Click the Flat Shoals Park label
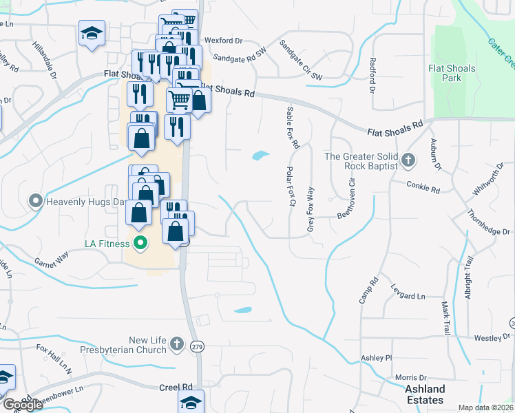pyautogui.click(x=452, y=74)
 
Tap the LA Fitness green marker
pyautogui.click(x=140, y=243)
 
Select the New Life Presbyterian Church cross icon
pyautogui.click(x=177, y=343)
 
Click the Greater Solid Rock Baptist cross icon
pyautogui.click(x=408, y=161)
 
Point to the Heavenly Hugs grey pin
pyautogui.click(x=36, y=202)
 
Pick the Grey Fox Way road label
pyautogui.click(x=311, y=209)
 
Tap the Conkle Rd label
pyautogui.click(x=423, y=187)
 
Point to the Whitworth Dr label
pyautogui.click(x=488, y=184)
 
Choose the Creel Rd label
pyautogui.click(x=176, y=388)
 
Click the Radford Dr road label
pyautogui.click(x=372, y=75)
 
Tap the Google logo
pyautogui.click(x=23, y=405)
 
